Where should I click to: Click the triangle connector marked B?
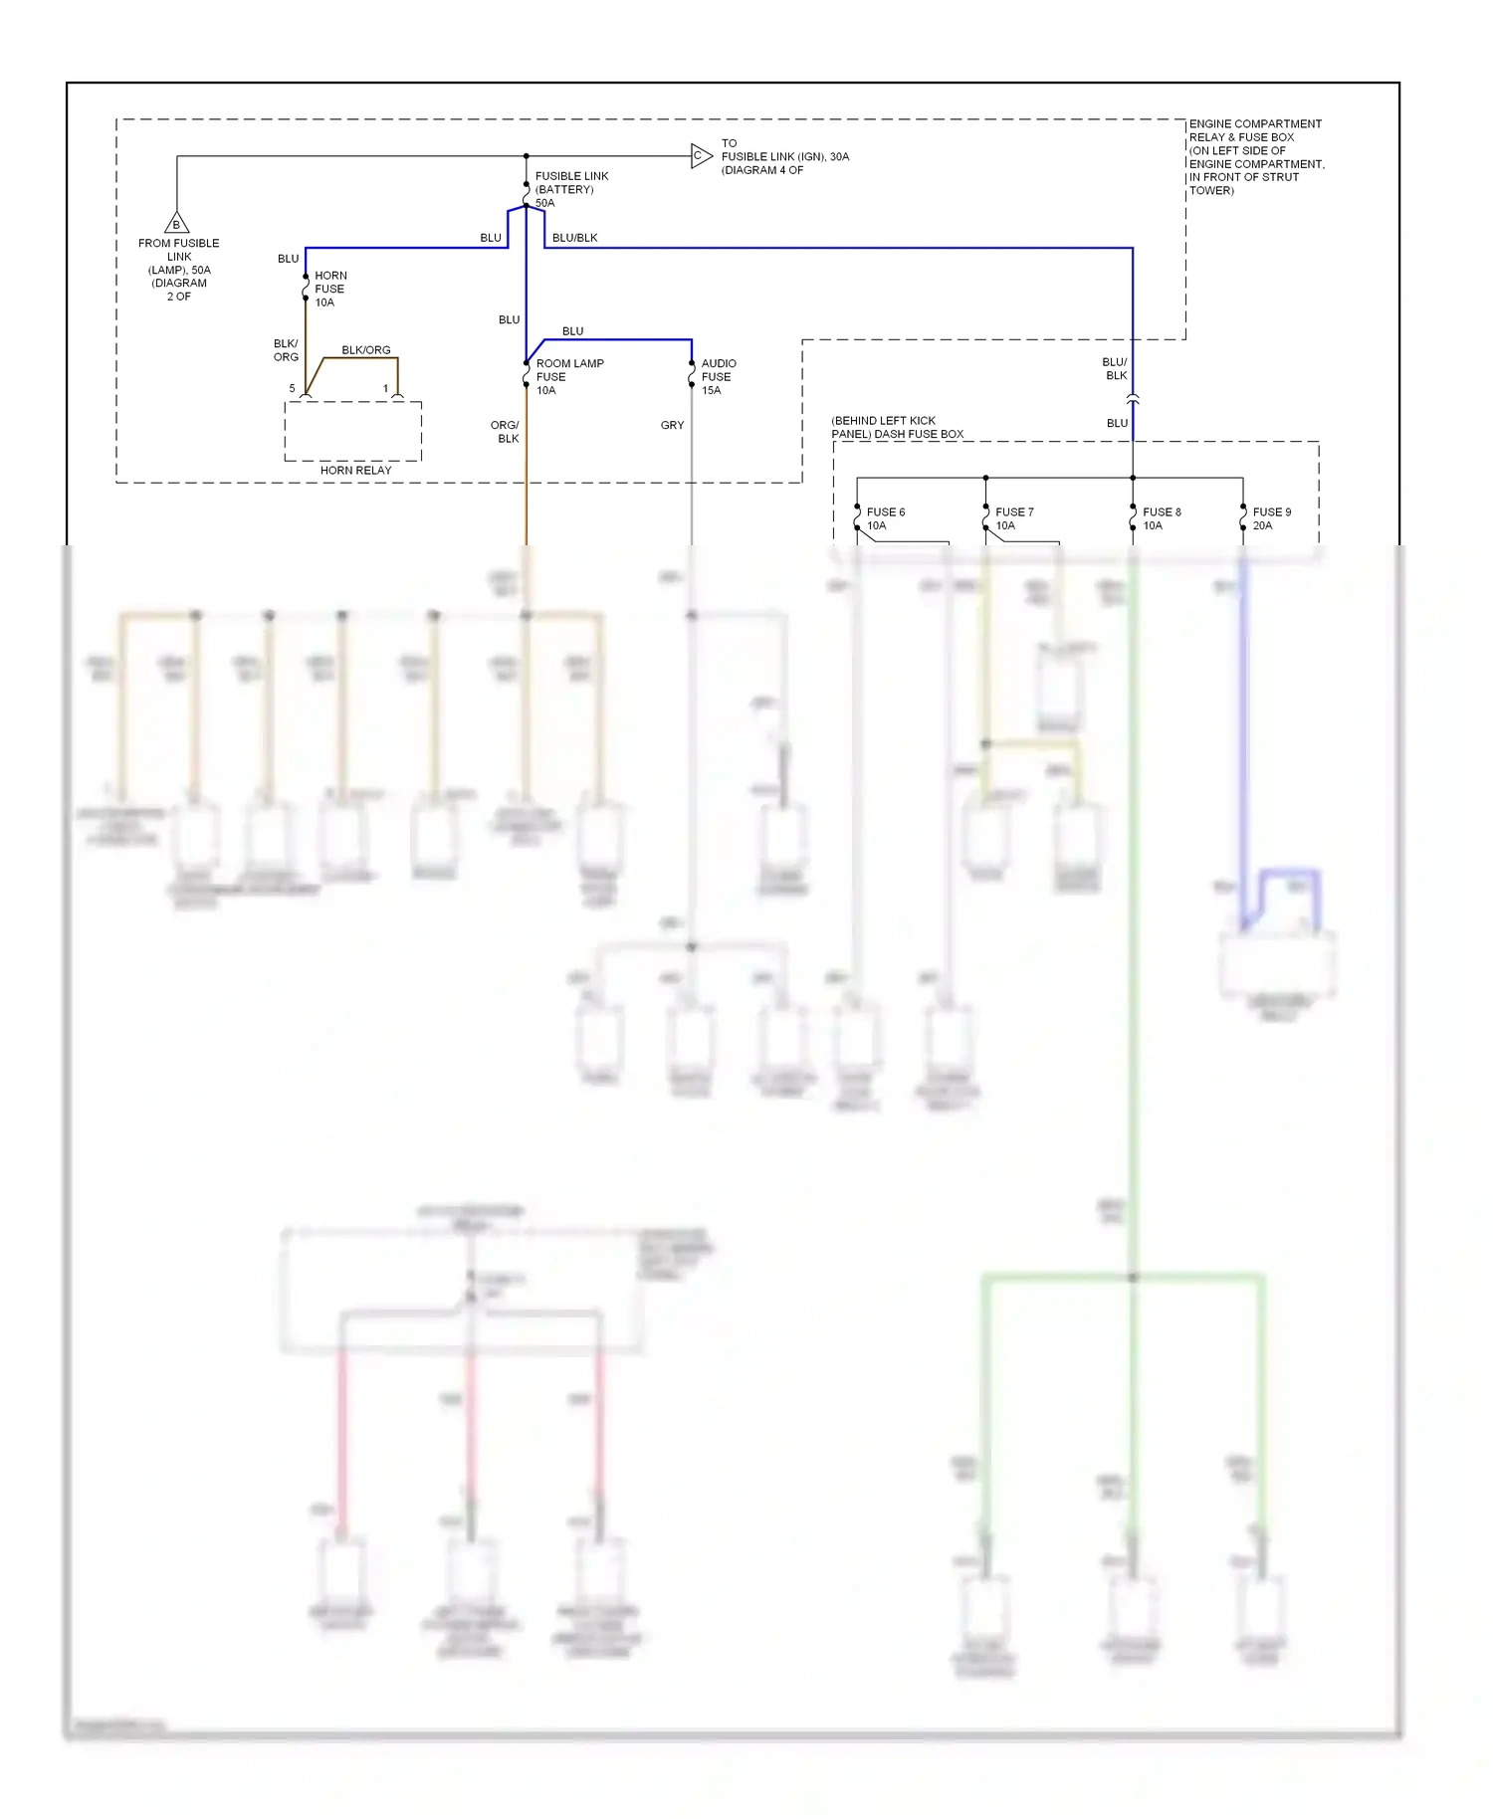click(x=176, y=224)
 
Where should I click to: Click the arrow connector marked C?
click(x=701, y=156)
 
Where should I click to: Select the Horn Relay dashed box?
click(x=353, y=432)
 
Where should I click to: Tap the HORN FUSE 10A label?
click(x=329, y=289)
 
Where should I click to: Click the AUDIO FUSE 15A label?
click(x=718, y=377)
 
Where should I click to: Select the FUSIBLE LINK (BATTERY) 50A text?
click(x=570, y=189)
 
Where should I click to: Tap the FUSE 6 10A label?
click(x=885, y=518)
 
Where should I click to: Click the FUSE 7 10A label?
click(x=1013, y=518)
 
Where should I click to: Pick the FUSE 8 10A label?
click(x=1161, y=518)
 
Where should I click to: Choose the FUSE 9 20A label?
click(x=1270, y=518)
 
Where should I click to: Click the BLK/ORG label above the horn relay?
click(x=365, y=350)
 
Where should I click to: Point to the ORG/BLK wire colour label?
click(x=506, y=432)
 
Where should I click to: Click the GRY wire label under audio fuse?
click(x=672, y=425)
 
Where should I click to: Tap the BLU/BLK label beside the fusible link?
click(x=574, y=238)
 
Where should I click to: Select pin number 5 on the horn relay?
click(x=292, y=388)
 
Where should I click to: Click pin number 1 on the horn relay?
click(x=385, y=388)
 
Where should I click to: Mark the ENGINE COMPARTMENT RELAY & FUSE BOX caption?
click(x=1255, y=157)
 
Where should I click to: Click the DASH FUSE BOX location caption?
click(x=897, y=428)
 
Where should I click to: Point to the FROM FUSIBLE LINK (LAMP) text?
click(x=179, y=270)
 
